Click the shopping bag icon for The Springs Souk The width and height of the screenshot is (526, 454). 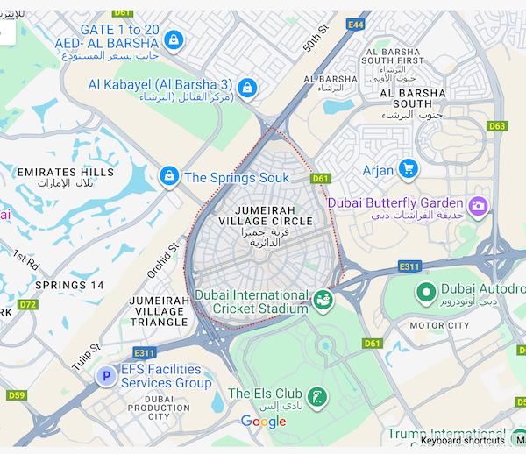tap(169, 177)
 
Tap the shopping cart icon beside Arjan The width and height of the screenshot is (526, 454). tap(408, 168)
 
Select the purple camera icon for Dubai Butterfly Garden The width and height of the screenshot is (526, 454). tap(478, 205)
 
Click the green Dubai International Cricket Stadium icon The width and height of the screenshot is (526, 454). tap(323, 301)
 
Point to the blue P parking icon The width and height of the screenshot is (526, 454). tap(106, 376)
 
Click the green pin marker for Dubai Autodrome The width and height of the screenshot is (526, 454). tap(426, 292)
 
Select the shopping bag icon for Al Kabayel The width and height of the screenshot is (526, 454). tap(248, 88)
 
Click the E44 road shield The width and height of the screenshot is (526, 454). tap(355, 25)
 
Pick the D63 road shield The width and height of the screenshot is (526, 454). tap(497, 126)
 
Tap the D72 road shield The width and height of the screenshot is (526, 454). tap(27, 305)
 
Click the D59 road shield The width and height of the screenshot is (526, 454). tap(17, 395)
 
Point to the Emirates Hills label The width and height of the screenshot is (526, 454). tap(66, 177)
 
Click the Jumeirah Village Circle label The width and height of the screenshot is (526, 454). tap(266, 216)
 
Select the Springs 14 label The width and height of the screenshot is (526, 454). tap(69, 286)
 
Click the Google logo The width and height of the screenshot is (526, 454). tap(264, 422)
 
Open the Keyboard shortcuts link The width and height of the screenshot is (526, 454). tap(462, 440)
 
